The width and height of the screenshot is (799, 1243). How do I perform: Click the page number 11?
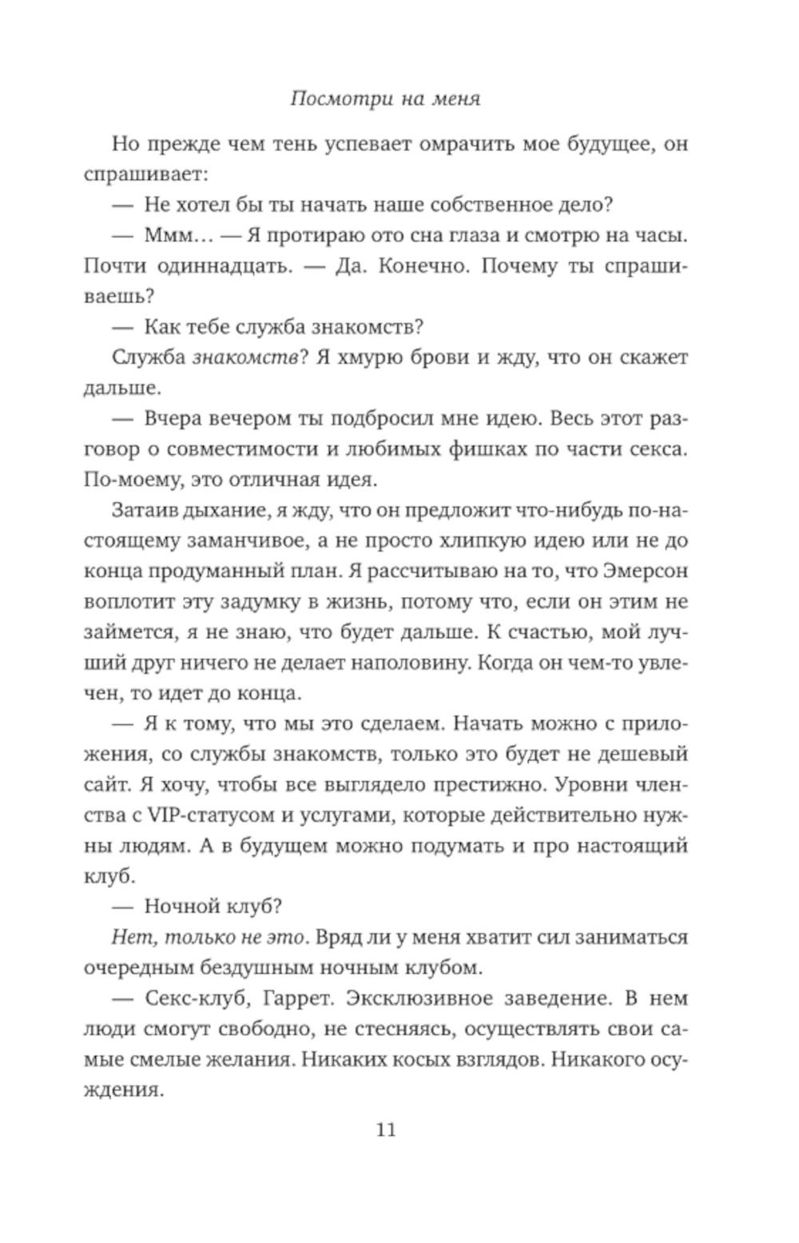click(385, 1129)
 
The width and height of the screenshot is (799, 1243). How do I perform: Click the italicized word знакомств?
click(244, 357)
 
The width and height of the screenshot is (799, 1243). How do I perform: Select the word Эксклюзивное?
click(399, 998)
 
